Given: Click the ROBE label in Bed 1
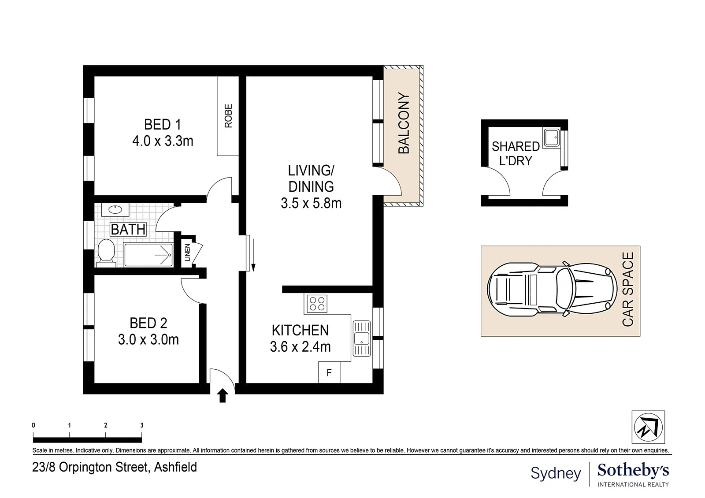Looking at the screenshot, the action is (x=228, y=116).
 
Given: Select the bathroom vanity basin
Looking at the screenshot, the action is (x=115, y=210).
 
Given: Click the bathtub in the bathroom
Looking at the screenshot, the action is (x=148, y=255).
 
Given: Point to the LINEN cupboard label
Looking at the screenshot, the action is (x=188, y=253).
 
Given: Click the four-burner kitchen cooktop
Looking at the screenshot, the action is (x=317, y=304).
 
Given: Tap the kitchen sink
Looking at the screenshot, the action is (x=362, y=338).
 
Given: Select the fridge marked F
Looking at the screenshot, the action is (x=329, y=372).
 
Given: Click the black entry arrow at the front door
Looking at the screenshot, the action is (x=223, y=395).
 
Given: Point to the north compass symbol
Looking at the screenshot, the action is (x=648, y=427).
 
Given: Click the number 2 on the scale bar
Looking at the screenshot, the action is (x=106, y=425).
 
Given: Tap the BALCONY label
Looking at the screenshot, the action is (x=404, y=123).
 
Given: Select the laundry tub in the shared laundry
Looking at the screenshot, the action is (x=552, y=137).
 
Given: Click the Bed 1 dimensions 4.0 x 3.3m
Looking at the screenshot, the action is (x=163, y=141).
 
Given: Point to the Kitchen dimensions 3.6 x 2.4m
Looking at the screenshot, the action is (x=300, y=347).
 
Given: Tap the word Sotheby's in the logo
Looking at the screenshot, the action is (x=633, y=471).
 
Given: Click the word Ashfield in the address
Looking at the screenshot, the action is (x=175, y=467).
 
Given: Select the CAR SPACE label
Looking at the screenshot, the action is (x=628, y=289).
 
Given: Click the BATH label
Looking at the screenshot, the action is (x=128, y=229).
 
